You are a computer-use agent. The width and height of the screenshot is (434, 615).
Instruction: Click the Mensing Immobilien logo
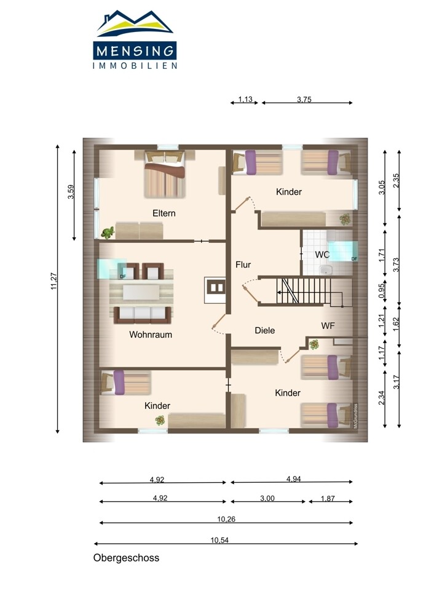[135, 39]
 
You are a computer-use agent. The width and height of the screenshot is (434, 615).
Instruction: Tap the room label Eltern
[164, 213]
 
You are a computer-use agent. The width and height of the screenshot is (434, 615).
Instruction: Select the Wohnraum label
[151, 335]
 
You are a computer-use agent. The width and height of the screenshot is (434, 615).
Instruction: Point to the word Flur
[243, 264]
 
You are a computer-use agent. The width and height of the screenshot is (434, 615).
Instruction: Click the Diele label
[264, 330]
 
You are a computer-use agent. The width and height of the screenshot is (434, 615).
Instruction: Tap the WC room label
[322, 255]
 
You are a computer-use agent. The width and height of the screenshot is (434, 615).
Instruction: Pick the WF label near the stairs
[328, 325]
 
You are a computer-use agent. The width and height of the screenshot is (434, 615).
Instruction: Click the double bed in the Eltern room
[165, 174]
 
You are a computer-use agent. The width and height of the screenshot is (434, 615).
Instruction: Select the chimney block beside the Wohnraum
[215, 290]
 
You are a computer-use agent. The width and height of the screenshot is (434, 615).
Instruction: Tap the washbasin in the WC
[325, 270]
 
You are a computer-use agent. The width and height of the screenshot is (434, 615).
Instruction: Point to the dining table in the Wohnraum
[141, 292]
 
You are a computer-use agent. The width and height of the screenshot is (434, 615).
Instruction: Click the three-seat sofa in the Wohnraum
[143, 314]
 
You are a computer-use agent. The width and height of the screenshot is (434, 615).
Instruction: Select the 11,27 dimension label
[53, 281]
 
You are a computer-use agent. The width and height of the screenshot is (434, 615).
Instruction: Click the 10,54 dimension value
[219, 540]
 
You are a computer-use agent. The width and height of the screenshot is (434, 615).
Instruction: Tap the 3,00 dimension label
[267, 498]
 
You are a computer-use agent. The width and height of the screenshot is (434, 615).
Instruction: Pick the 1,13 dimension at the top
[245, 99]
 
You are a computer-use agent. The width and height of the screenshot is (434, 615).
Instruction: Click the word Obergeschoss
[126, 558]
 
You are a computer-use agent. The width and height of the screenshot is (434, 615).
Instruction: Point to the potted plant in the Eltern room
[108, 233]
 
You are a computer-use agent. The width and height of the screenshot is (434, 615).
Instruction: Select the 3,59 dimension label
[71, 192]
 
